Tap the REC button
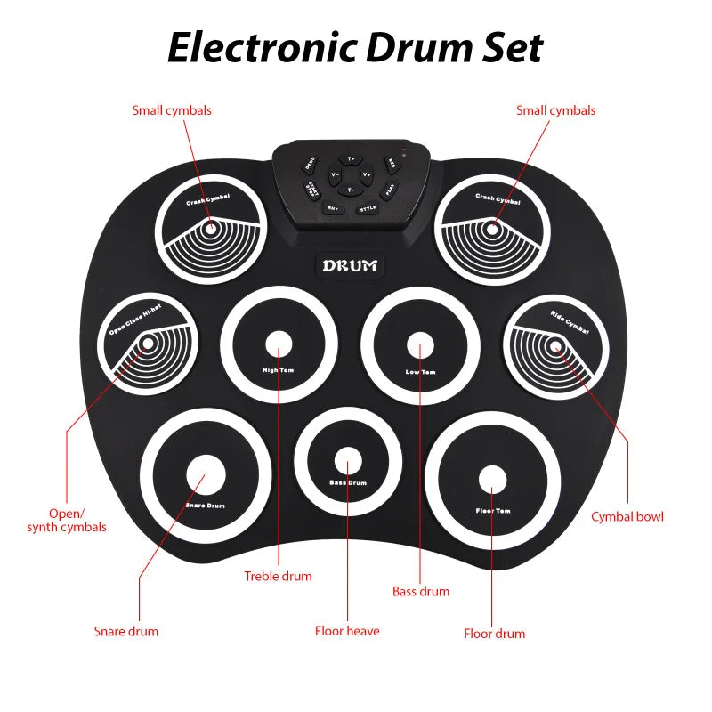[390, 165]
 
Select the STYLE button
[368, 208]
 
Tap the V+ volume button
[367, 174]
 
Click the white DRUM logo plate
[350, 265]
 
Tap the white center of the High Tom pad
[279, 344]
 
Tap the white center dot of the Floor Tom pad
[490, 478]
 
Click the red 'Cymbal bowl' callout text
[627, 516]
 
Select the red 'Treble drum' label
[278, 576]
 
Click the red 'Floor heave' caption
[347, 631]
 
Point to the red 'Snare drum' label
[126, 631]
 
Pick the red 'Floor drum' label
[494, 634]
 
